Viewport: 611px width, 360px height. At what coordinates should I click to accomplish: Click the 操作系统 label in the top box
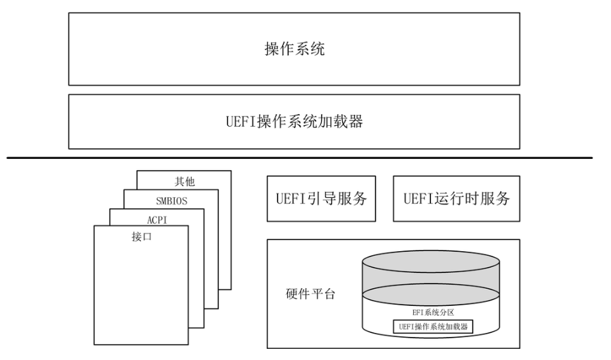coord(294,49)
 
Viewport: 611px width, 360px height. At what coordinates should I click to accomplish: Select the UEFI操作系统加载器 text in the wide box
coord(294,121)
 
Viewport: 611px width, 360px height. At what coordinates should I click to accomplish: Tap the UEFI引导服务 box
coord(321,198)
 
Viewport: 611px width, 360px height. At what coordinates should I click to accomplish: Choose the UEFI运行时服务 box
coord(456,198)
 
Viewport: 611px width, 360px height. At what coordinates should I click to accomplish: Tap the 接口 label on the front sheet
coord(142,237)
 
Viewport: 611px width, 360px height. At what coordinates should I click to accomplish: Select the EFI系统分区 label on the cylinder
coord(440,313)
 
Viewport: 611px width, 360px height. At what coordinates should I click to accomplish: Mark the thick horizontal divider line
coord(300,158)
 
